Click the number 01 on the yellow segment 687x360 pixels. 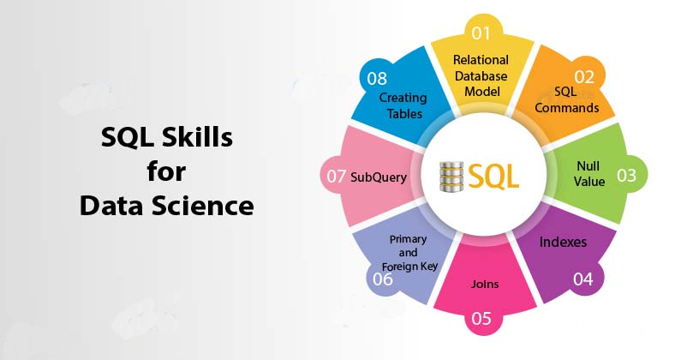[481, 33]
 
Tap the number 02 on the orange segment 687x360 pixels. [584, 77]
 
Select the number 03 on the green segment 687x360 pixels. [626, 176]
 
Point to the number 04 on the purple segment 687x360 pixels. [583, 279]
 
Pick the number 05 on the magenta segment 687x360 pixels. [481, 318]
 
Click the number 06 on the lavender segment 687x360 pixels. [383, 279]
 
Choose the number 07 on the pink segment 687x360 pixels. [336, 177]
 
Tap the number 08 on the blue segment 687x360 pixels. [377, 79]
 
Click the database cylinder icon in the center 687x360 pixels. [451, 177]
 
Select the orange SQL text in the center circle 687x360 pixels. [493, 177]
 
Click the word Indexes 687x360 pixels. [563, 242]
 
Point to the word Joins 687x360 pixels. [485, 284]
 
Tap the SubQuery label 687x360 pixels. [379, 177]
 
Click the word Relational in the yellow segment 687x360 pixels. [481, 60]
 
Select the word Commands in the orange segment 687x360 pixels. [566, 107]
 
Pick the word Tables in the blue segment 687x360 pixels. [404, 113]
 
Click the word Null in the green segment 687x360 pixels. [588, 165]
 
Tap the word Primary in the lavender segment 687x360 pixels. [408, 239]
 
